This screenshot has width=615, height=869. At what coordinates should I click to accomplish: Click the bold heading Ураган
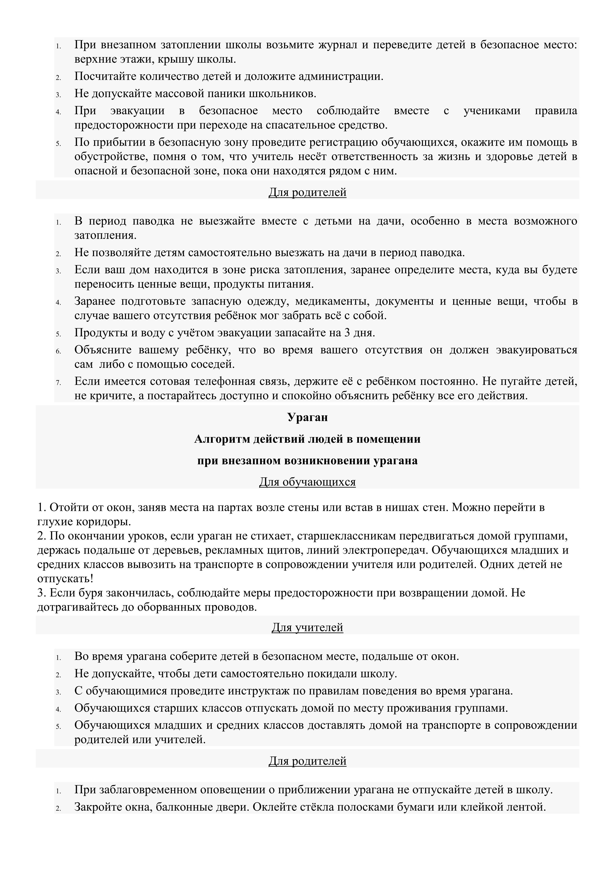tap(307, 417)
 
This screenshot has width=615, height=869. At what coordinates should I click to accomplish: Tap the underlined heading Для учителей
tap(307, 627)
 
